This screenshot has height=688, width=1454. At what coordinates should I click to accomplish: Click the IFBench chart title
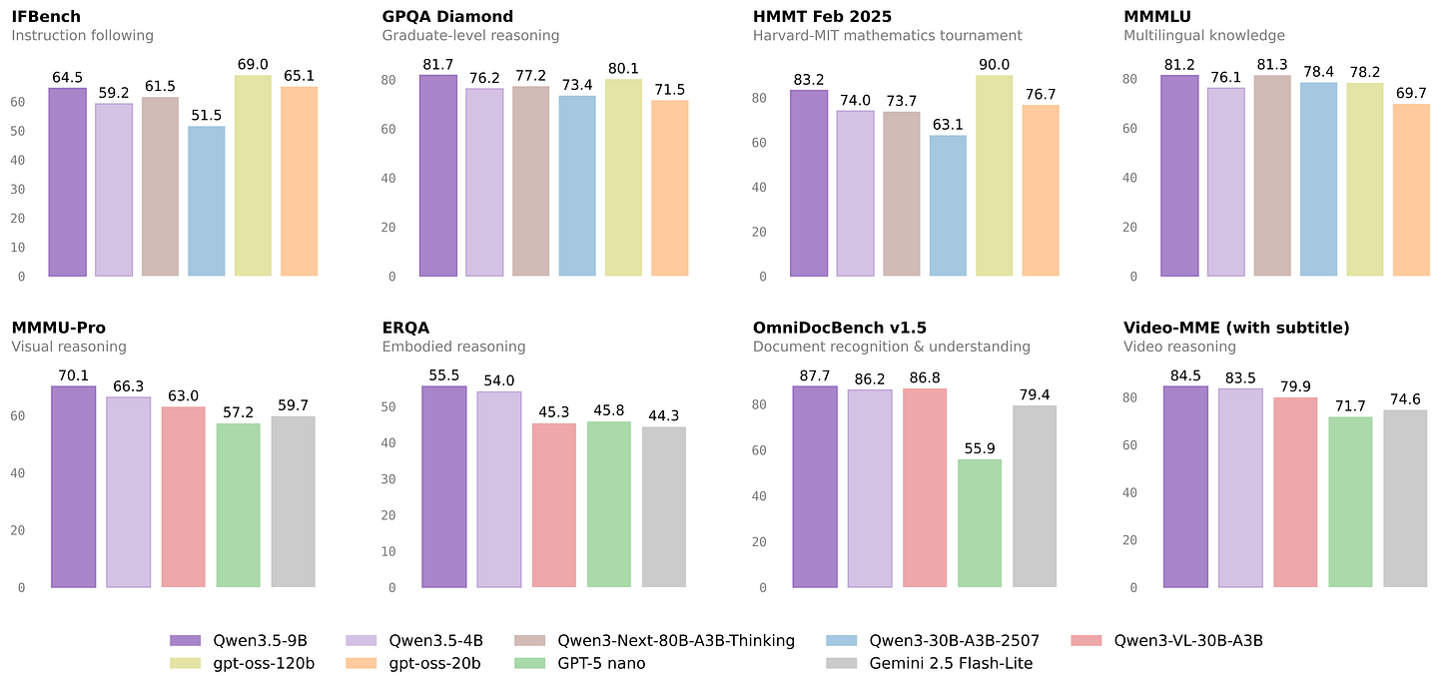click(x=46, y=16)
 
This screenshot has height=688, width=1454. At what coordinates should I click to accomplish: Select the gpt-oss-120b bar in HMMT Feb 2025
click(x=995, y=176)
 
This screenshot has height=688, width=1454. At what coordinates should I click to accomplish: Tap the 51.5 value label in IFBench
click(x=207, y=114)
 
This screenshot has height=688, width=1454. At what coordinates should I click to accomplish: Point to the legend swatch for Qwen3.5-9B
click(x=186, y=641)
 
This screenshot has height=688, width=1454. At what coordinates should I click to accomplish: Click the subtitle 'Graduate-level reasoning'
click(x=470, y=36)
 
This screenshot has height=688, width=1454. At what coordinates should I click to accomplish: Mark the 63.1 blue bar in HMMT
click(x=948, y=206)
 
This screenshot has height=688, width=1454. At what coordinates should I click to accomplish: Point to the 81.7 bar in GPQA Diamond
click(x=437, y=176)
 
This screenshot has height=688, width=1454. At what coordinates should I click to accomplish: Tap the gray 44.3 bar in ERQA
click(x=664, y=507)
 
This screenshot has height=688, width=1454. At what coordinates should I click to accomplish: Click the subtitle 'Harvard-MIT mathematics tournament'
click(x=888, y=36)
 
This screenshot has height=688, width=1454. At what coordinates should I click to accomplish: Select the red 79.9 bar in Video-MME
click(x=1295, y=492)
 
